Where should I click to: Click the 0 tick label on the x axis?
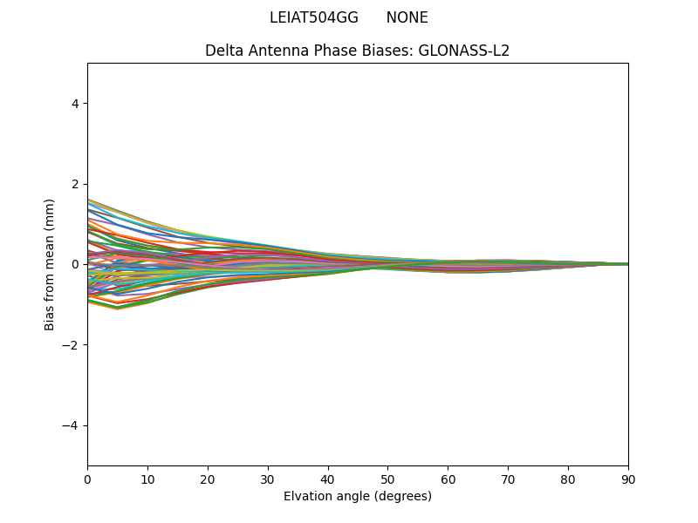pyautogui.click(x=87, y=479)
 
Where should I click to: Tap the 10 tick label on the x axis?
pyautogui.click(x=147, y=479)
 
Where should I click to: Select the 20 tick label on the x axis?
pyautogui.click(x=208, y=479)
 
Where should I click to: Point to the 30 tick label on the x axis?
pyautogui.click(x=268, y=479)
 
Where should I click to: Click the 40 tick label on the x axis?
pyautogui.click(x=328, y=479)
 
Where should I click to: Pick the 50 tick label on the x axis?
pyautogui.click(x=387, y=479)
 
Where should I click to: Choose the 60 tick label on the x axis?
pyautogui.click(x=448, y=479)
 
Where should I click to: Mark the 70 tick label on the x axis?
pyautogui.click(x=508, y=479)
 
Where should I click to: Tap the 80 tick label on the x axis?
pyautogui.click(x=568, y=479)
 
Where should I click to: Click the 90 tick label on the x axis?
pyautogui.click(x=628, y=479)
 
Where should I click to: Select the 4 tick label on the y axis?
pyautogui.click(x=75, y=104)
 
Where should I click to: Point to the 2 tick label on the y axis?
pyautogui.click(x=75, y=184)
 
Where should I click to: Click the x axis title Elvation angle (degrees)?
pyautogui.click(x=358, y=497)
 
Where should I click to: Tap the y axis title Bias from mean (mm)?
pyautogui.click(x=51, y=264)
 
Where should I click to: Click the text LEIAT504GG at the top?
pyautogui.click(x=314, y=18)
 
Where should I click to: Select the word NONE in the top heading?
pyautogui.click(x=407, y=18)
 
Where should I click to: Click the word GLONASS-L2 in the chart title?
pyautogui.click(x=464, y=51)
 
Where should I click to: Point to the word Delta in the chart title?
pyautogui.click(x=223, y=51)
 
